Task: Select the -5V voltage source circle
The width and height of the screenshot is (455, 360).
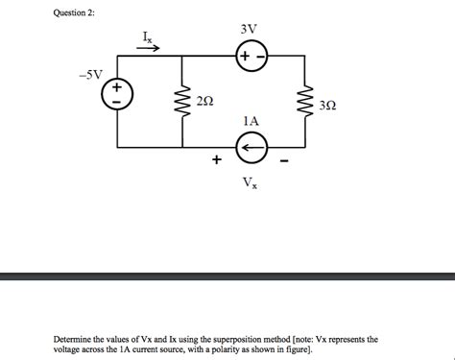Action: [x=118, y=95]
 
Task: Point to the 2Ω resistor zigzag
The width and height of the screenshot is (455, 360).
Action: [x=181, y=99]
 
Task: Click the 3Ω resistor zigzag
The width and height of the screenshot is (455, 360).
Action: [x=305, y=103]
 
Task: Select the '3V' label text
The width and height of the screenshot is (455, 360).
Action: [x=249, y=29]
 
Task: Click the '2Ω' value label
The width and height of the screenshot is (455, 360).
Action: [x=204, y=101]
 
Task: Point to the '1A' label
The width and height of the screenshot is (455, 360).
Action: [x=251, y=122]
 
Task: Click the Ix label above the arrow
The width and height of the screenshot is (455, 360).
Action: [x=148, y=36]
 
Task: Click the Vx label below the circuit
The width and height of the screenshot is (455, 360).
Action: [x=250, y=181]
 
